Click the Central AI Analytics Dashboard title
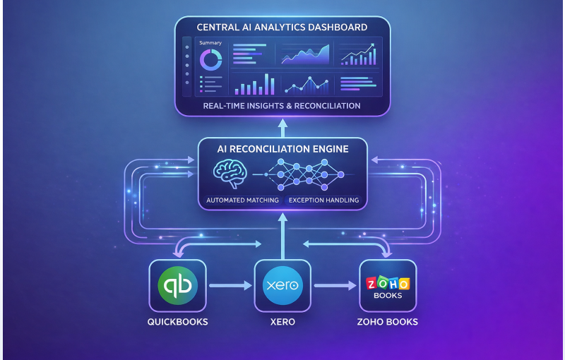tap(282, 28)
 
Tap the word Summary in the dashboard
tap(210, 43)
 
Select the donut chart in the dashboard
tap(210, 59)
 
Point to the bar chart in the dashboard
tap(254, 84)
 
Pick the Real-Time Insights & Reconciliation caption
tap(282, 106)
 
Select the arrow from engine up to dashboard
tap(282, 126)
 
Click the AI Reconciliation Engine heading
tap(282, 150)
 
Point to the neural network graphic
tap(303, 174)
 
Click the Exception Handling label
tap(323, 200)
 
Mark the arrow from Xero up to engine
tap(282, 236)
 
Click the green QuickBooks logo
tap(177, 285)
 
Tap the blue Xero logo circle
tap(282, 286)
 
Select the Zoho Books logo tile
tap(387, 286)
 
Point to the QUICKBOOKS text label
tap(177, 322)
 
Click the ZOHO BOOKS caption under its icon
tap(387, 322)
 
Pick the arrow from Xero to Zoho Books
tap(335, 286)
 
